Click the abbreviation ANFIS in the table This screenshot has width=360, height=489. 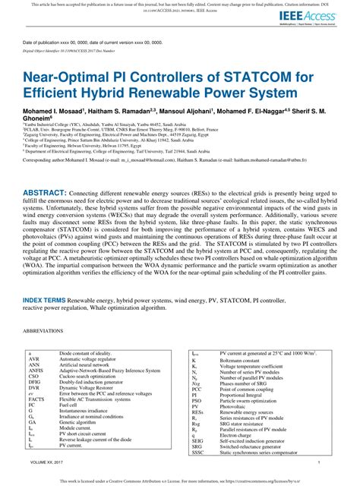coord(34,371)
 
